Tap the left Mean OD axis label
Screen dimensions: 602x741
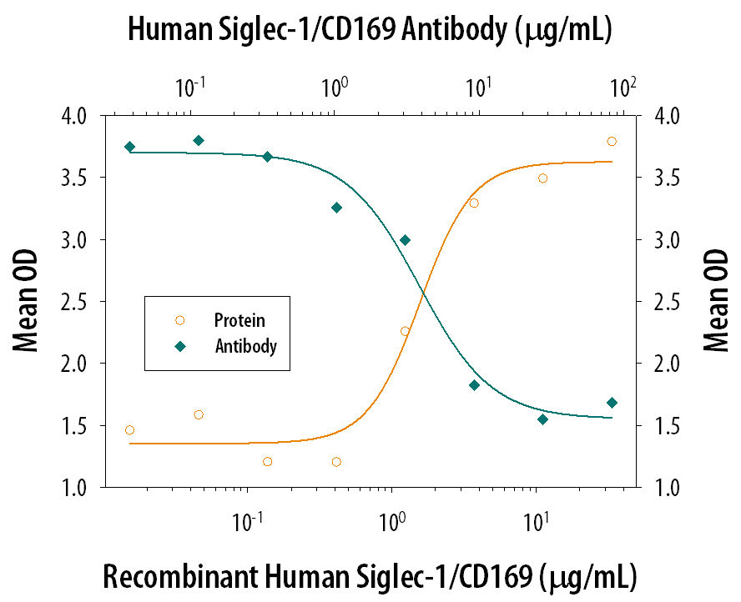point(26,302)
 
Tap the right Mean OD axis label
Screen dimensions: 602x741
point(715,302)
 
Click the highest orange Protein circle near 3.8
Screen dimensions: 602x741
point(612,142)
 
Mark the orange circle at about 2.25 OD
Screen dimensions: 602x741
point(405,331)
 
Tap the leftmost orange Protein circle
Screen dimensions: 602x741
point(129,430)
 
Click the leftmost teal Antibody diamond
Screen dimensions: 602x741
point(129,147)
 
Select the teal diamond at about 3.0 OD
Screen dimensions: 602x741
point(406,240)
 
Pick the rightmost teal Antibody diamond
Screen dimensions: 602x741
point(612,403)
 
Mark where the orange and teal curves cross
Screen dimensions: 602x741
point(424,292)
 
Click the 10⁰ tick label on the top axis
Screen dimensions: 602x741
point(335,85)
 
